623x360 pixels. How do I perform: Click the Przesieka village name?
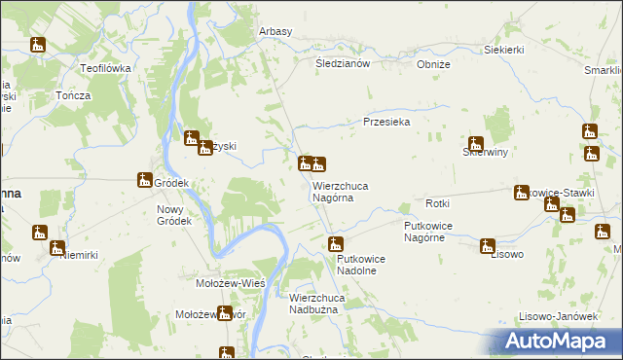(x=386, y=122)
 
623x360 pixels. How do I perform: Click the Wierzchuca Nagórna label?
(x=340, y=191)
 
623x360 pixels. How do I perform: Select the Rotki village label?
(x=436, y=202)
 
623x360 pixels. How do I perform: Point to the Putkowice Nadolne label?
(x=363, y=265)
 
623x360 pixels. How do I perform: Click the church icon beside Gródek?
(x=145, y=179)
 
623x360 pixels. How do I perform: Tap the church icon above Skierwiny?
(x=476, y=144)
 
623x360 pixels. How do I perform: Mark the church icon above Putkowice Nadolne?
(x=336, y=243)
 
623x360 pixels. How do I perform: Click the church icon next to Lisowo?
(x=487, y=246)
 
